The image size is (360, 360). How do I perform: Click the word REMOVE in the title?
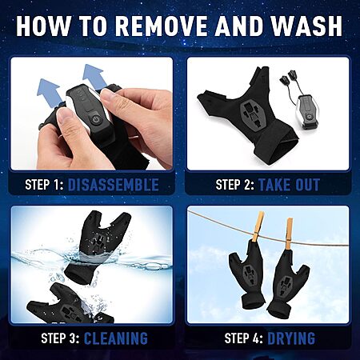(162, 26)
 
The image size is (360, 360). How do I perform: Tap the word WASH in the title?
(306, 26)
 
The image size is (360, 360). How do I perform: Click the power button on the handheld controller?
(96, 118)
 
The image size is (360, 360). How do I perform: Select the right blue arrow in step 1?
(93, 76)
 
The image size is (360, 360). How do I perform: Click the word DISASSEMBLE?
(114, 185)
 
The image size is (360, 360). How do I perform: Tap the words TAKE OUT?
(289, 185)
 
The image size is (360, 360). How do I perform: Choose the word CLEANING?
(116, 338)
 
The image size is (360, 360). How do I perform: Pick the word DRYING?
(291, 338)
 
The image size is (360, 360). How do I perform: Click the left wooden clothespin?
(258, 226)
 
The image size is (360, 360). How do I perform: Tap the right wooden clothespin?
(289, 234)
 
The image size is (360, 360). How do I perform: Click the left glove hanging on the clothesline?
(247, 274)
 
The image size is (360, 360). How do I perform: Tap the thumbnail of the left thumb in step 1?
(63, 115)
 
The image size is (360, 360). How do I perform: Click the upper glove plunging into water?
(98, 246)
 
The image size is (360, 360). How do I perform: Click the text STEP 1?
(44, 185)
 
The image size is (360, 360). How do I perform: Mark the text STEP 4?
(244, 338)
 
